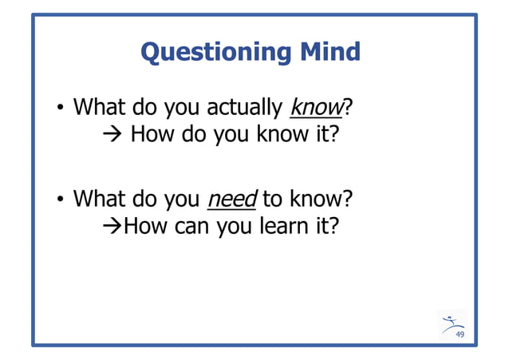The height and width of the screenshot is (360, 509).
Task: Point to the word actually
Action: coord(245,107)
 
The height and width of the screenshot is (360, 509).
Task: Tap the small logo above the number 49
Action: coord(452,321)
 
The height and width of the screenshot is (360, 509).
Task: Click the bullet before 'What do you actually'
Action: coord(60,108)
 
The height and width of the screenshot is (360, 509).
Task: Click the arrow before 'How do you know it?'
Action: coord(113,133)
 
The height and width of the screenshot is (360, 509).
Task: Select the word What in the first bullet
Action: coord(99,106)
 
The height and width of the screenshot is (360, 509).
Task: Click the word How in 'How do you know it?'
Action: coord(152,133)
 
